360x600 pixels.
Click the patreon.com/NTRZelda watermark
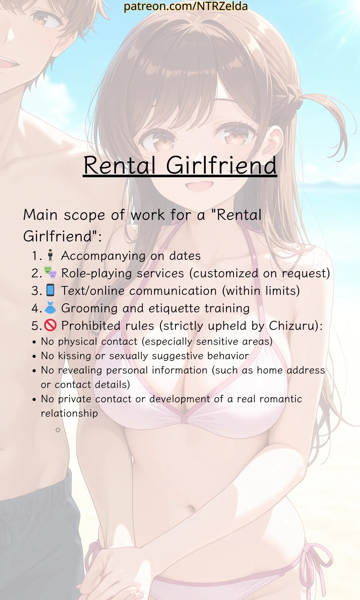point(186,6)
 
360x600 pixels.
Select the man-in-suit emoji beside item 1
point(50,255)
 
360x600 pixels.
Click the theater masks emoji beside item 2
point(50,272)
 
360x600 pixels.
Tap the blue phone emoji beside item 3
point(50,290)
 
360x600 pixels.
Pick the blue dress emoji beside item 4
point(50,307)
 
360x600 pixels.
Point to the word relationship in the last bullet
point(69,413)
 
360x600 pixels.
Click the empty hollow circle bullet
point(58,430)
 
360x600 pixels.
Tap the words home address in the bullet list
point(291,370)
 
